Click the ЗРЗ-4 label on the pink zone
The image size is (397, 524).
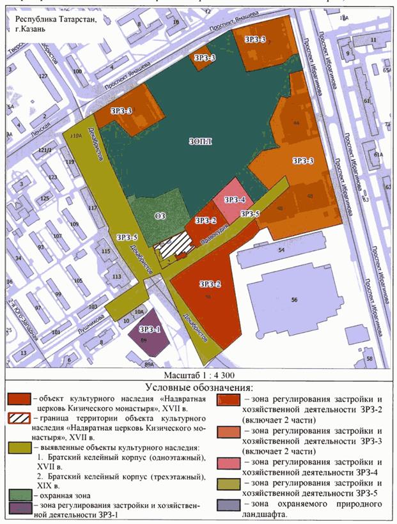tap(235, 199)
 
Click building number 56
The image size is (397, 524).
tap(295, 298)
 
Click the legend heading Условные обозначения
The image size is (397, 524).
tap(199, 387)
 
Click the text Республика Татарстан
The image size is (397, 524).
tap(52, 19)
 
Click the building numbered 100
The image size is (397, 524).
tap(78, 72)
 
